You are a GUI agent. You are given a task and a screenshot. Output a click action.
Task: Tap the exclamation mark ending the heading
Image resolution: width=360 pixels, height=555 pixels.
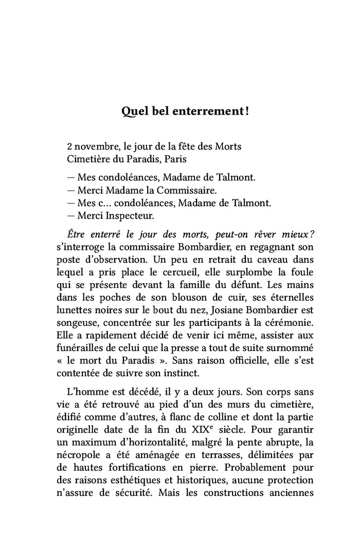click(x=247, y=110)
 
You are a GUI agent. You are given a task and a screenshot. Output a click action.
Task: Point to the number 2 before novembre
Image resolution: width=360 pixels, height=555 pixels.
click(x=69, y=146)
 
